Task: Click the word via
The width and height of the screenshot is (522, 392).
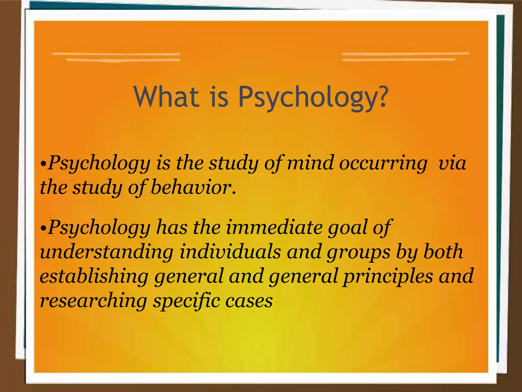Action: click(452, 163)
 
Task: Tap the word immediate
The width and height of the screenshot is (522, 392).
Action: click(274, 227)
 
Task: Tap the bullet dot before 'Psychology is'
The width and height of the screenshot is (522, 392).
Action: click(44, 163)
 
